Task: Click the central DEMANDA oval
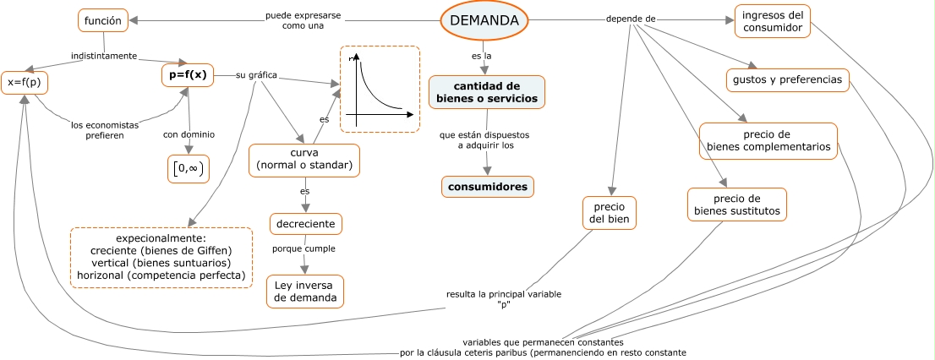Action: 484,20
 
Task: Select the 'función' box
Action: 103,21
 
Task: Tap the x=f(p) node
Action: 24,83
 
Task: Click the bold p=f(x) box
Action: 187,76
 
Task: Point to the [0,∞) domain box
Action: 188,169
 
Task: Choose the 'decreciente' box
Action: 306,225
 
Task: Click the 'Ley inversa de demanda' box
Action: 304,292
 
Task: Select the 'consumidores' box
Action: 488,187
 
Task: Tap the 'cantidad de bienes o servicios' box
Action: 487,92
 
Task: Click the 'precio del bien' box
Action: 610,213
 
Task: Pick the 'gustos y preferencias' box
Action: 788,80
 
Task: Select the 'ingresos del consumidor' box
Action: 772,21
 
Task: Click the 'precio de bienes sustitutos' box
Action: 737,205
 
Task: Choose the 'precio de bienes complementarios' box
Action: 768,140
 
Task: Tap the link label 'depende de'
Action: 631,19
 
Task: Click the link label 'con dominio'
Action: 189,134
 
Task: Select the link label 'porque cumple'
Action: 303,248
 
